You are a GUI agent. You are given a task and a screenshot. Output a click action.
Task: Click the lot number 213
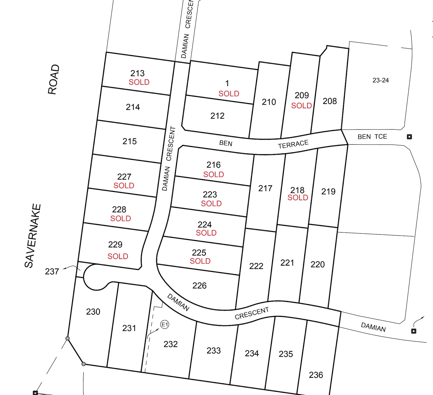click(x=137, y=73)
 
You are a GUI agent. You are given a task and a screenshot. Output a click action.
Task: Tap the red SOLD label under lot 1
click(x=229, y=94)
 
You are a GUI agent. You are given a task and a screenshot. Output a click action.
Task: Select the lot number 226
click(x=199, y=286)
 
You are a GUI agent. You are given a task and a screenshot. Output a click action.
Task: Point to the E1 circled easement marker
click(x=165, y=325)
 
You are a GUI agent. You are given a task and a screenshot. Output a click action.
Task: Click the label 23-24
click(x=381, y=80)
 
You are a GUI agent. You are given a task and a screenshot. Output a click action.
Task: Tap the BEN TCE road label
click(x=372, y=137)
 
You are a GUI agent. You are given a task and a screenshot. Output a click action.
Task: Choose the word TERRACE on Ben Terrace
click(x=293, y=144)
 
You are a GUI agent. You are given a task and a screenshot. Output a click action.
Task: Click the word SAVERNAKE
click(x=33, y=236)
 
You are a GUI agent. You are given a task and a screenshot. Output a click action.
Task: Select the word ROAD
click(x=54, y=79)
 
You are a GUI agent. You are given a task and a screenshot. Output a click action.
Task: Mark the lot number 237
click(x=52, y=272)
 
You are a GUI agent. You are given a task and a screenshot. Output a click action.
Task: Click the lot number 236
click(x=316, y=375)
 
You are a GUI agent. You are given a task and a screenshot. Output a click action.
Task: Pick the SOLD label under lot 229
click(x=118, y=256)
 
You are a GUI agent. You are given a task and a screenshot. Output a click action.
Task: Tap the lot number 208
click(x=330, y=101)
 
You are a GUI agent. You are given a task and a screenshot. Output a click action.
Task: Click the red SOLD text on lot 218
click(x=298, y=198)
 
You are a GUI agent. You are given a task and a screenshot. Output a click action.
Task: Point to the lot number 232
click(x=171, y=344)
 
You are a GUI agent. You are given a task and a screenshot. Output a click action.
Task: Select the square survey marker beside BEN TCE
click(x=409, y=137)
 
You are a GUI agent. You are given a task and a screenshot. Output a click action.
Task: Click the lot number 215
click(x=130, y=141)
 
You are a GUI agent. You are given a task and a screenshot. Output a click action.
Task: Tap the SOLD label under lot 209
click(x=301, y=106)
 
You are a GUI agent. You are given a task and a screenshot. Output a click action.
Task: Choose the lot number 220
click(x=318, y=264)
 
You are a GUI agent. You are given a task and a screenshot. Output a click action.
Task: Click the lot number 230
click(x=93, y=312)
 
